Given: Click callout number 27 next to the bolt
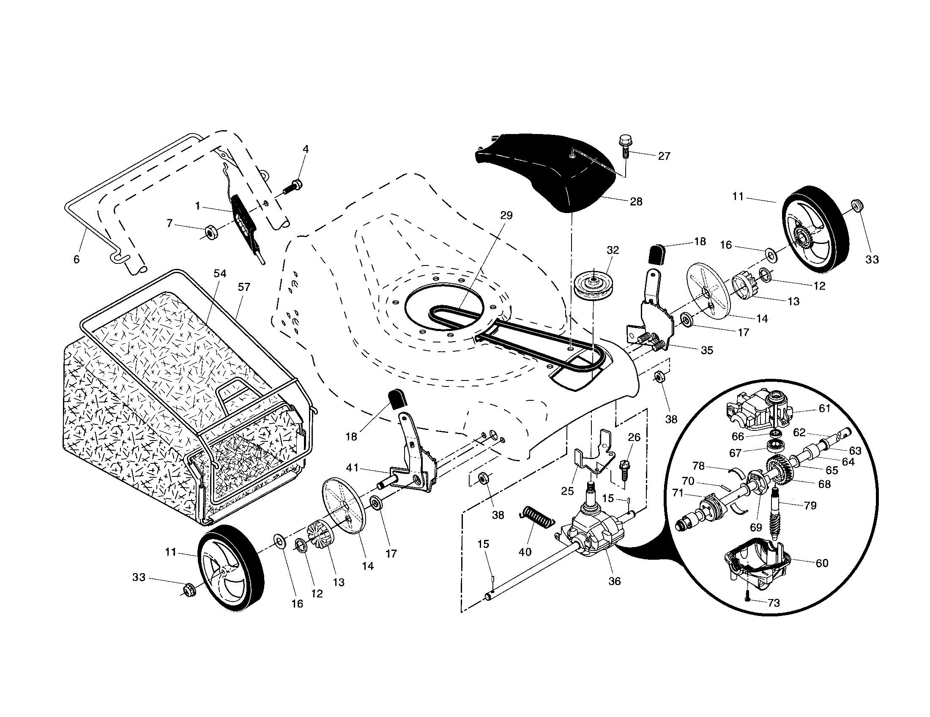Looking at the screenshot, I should click(x=664, y=156).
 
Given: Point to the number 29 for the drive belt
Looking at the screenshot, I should click(x=506, y=216).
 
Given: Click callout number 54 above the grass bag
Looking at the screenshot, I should click(x=220, y=274).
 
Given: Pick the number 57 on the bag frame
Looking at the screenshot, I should click(x=244, y=287).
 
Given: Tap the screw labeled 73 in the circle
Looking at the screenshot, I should click(x=748, y=599).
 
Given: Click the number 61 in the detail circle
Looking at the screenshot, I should click(x=824, y=408).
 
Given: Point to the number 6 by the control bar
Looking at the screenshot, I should click(x=77, y=259).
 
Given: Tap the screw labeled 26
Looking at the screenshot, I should click(x=625, y=468).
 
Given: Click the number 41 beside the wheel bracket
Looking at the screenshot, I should click(x=353, y=468).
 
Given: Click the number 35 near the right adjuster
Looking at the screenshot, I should click(x=707, y=350).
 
